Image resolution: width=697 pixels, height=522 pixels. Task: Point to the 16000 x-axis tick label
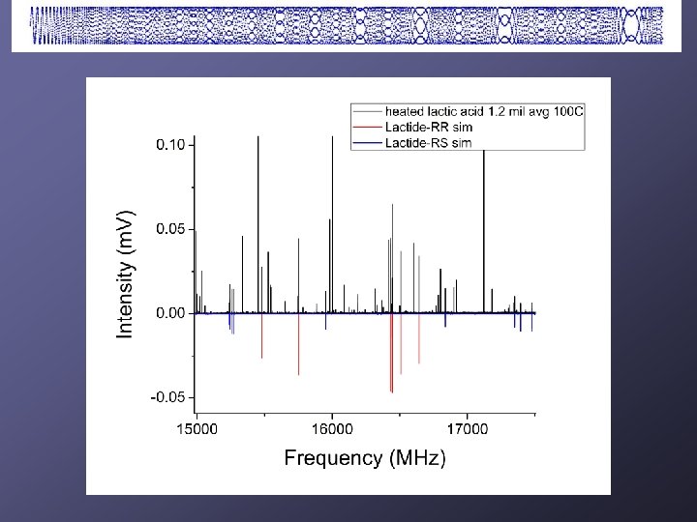click(331, 428)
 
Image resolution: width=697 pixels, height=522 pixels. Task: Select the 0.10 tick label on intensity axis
click(170, 144)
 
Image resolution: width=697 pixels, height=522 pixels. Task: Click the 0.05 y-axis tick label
click(170, 229)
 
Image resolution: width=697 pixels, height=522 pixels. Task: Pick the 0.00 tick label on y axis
click(170, 313)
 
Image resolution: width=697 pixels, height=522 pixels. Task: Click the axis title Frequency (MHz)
click(364, 459)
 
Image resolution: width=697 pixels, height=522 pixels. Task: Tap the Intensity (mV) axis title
click(127, 275)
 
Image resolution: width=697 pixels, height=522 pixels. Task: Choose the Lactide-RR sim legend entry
click(429, 126)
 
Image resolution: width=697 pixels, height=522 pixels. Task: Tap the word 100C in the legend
click(568, 108)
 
